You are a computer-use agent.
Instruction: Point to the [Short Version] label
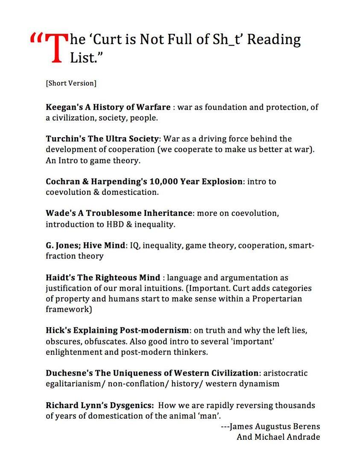[x=71, y=83]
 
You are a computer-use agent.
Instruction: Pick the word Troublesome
[x=112, y=213]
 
